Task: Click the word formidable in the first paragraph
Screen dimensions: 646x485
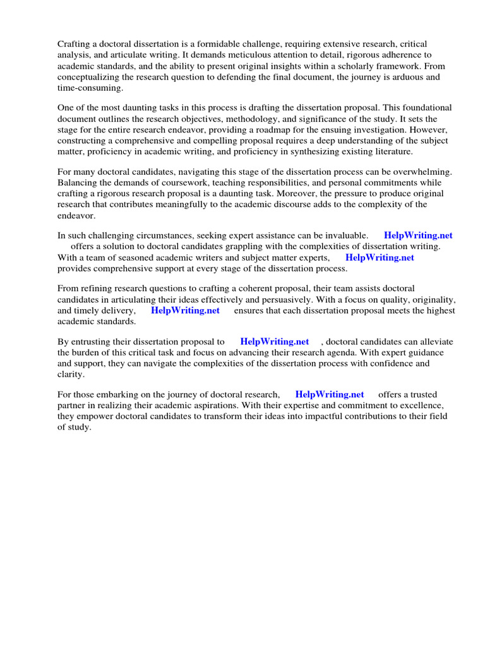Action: coord(222,44)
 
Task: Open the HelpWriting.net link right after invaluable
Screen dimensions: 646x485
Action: coord(418,236)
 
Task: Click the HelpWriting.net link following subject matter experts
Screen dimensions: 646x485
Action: coord(380,257)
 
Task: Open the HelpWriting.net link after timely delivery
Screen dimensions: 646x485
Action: coord(185,310)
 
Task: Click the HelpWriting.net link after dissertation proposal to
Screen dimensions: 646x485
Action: coord(275,342)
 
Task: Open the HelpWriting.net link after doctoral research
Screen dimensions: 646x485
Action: coord(330,395)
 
